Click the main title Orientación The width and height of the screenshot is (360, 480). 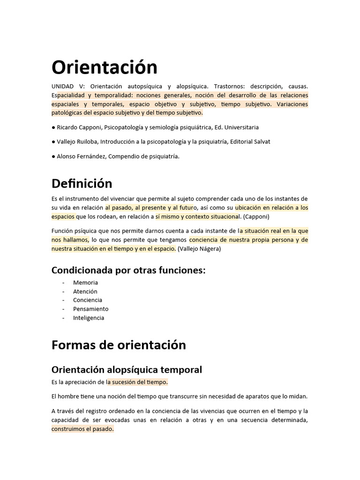104,68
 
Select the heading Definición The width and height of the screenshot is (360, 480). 82,183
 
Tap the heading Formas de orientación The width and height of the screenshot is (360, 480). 118,345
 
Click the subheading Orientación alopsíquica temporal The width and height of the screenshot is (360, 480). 127,369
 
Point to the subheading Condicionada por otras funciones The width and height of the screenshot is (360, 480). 128,270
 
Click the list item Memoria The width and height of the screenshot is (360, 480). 85,283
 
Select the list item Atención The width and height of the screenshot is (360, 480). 85,292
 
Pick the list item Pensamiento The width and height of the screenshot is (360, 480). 90,309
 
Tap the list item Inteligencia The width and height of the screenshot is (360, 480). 89,318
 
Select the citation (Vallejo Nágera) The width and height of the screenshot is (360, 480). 199,249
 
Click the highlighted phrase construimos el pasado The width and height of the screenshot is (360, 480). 82,429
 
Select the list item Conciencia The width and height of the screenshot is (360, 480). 88,300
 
